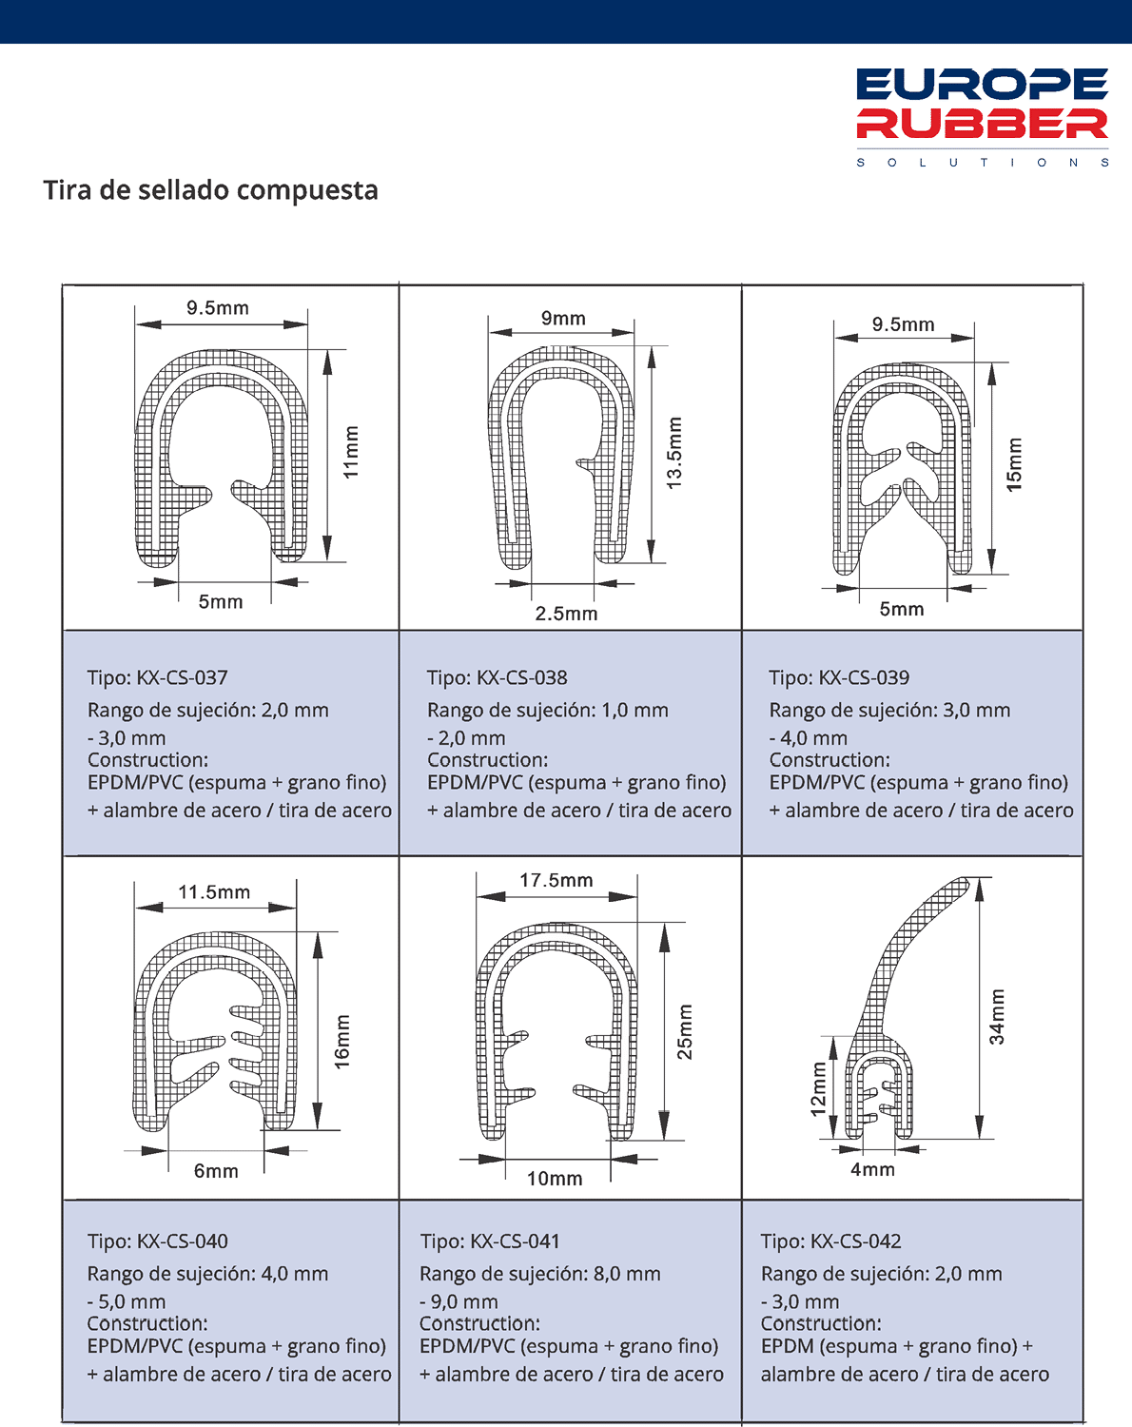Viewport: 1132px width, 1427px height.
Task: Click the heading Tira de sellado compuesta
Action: (x=210, y=190)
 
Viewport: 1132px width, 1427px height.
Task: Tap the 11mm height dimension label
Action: (x=351, y=452)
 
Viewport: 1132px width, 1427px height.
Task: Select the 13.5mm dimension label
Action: (x=674, y=453)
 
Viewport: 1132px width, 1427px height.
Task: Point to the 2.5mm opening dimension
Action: (x=566, y=614)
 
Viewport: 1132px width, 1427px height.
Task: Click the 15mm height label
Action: (x=1014, y=464)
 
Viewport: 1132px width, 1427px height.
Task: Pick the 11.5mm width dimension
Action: (x=214, y=892)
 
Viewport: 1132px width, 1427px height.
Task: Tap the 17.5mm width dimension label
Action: (x=556, y=880)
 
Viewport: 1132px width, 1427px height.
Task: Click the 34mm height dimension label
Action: (x=996, y=1016)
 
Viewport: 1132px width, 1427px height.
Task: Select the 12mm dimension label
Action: (x=818, y=1089)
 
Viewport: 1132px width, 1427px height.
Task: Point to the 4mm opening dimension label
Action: (x=872, y=1169)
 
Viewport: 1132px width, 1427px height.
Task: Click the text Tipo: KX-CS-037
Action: (x=158, y=677)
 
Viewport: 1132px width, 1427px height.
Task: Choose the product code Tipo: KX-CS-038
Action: (x=497, y=677)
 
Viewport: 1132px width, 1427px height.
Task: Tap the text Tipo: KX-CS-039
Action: (x=839, y=677)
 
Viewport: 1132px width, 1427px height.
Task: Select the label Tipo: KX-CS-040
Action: (x=158, y=1241)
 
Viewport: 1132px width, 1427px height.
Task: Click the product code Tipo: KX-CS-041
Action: (x=490, y=1241)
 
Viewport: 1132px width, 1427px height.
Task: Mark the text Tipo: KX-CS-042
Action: (x=830, y=1241)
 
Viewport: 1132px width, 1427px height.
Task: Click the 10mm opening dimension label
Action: (x=555, y=1179)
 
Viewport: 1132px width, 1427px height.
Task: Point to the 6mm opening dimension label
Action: (x=216, y=1171)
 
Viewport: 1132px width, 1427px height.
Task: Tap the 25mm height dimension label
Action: (x=684, y=1031)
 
